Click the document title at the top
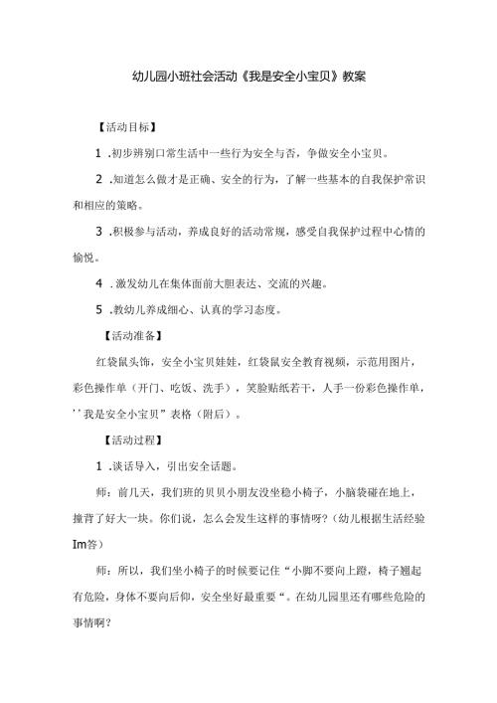tap(248, 75)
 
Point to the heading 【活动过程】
tap(134, 439)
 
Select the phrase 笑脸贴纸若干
tap(282, 387)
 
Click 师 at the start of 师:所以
tap(103, 569)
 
